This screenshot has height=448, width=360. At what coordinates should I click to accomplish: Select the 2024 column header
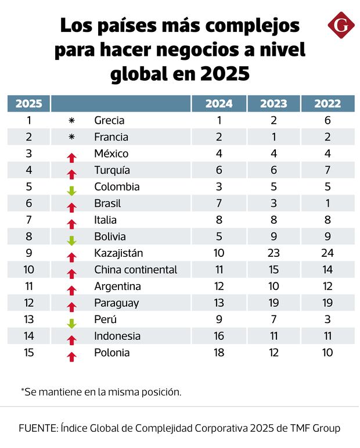(219, 104)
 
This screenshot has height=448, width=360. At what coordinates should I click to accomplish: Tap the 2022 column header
(327, 104)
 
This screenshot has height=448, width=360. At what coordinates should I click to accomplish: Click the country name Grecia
(109, 121)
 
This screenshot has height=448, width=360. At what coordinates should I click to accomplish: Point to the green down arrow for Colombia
(72, 191)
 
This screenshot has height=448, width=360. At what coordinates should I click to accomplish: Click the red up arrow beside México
(72, 157)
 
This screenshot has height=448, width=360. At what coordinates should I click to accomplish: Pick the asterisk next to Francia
(72, 137)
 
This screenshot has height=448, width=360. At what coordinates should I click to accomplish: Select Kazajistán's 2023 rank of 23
(273, 253)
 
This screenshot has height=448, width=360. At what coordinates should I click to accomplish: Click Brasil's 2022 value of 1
(327, 203)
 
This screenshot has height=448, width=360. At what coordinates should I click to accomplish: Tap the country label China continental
(135, 270)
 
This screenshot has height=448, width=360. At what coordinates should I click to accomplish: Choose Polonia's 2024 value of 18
(219, 353)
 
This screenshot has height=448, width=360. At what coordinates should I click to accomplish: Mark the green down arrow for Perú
(72, 323)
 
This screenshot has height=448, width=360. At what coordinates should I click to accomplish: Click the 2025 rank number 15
(28, 353)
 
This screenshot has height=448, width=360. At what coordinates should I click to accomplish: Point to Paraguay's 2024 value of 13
(219, 303)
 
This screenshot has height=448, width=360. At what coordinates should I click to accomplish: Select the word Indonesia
(117, 336)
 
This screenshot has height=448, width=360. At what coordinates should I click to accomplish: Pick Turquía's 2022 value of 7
(327, 170)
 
